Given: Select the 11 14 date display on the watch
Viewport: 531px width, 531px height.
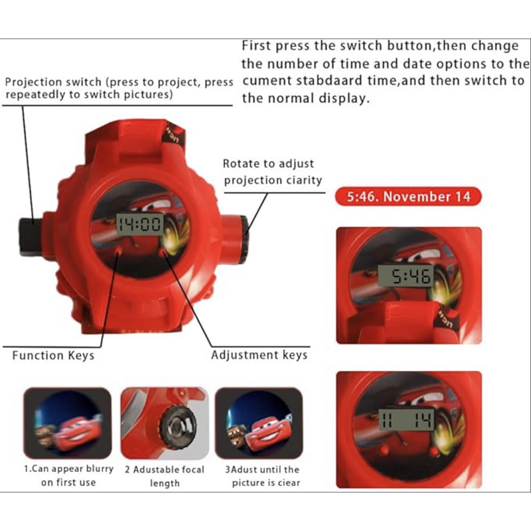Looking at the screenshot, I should tap(406, 419).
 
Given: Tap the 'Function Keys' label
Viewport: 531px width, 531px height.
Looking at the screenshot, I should tap(53, 356).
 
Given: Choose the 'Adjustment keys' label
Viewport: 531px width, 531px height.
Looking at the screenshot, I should tap(260, 355).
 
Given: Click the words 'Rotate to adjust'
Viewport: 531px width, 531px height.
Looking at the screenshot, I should tap(268, 163).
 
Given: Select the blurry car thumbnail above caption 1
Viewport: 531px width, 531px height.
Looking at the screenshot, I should tap(68, 424).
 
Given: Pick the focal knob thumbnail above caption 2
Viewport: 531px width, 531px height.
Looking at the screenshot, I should tap(165, 424).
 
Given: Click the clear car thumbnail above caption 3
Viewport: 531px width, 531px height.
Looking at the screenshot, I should tap(259, 424).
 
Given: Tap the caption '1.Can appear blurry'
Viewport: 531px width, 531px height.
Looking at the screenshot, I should tap(69, 469).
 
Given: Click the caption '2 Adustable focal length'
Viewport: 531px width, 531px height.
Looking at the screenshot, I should tap(165, 476).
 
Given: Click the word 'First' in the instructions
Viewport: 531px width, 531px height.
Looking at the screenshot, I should tap(256, 46).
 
